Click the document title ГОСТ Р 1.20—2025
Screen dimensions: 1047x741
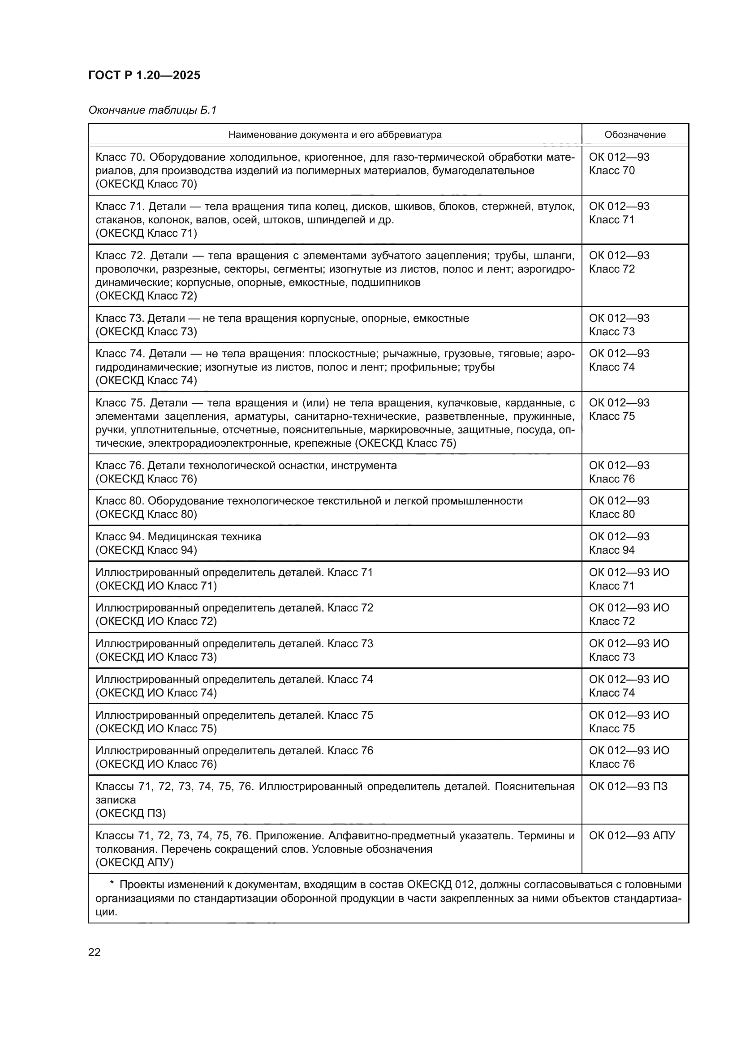coord(144,76)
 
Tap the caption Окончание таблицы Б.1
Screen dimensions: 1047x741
coord(152,111)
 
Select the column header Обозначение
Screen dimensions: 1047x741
coord(635,135)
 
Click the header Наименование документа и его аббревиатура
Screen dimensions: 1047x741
coord(335,135)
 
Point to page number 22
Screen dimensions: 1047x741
coord(95,952)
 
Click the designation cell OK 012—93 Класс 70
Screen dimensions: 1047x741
coord(619,164)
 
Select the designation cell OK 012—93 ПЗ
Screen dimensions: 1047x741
coord(628,786)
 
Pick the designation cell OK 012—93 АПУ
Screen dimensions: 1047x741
coord(632,835)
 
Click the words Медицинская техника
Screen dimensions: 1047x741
coord(204,537)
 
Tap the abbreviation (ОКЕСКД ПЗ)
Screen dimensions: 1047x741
coord(130,813)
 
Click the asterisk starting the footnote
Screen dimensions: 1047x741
coord(112,885)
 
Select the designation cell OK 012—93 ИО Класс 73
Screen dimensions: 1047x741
coord(629,650)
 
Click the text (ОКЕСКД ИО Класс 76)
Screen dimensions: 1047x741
coord(156,764)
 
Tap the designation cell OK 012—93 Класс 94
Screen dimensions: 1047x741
coord(619,543)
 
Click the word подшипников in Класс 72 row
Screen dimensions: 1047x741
coord(387,282)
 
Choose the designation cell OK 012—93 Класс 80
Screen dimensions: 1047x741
coord(619,507)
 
